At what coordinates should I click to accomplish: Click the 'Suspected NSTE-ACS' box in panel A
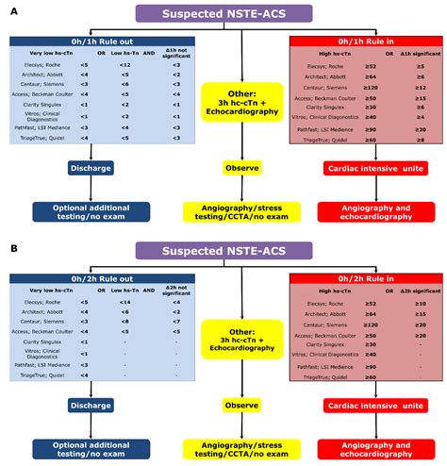[x=223, y=12]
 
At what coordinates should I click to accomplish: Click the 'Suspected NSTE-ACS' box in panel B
[x=223, y=251]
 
